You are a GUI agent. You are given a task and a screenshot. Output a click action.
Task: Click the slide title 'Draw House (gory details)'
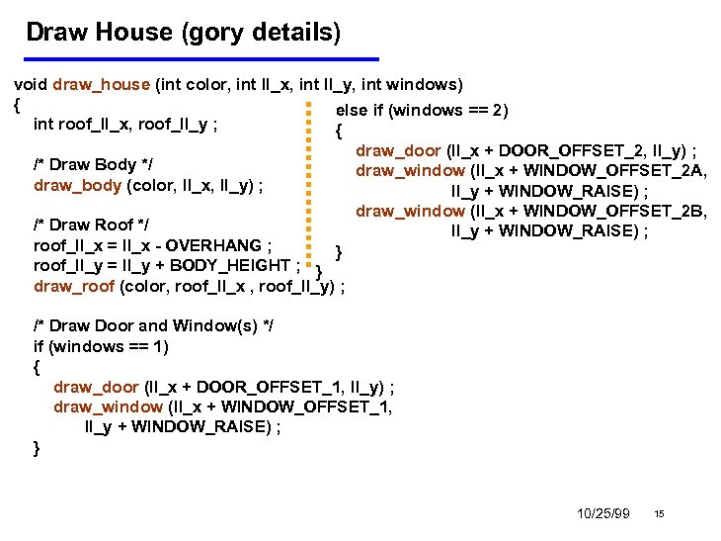183,33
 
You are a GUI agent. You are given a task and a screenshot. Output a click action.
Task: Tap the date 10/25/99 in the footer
602,513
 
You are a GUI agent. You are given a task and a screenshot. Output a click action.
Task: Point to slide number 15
659,513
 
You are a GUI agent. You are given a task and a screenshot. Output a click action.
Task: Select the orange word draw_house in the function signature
102,85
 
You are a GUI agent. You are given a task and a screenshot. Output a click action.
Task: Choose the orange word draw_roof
74,286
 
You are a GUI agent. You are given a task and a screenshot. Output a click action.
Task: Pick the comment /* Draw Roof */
91,225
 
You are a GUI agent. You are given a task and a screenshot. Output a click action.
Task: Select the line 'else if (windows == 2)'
422,110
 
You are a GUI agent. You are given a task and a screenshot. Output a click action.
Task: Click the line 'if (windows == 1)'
101,346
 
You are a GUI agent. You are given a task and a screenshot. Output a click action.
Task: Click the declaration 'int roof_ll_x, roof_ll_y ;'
125,125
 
